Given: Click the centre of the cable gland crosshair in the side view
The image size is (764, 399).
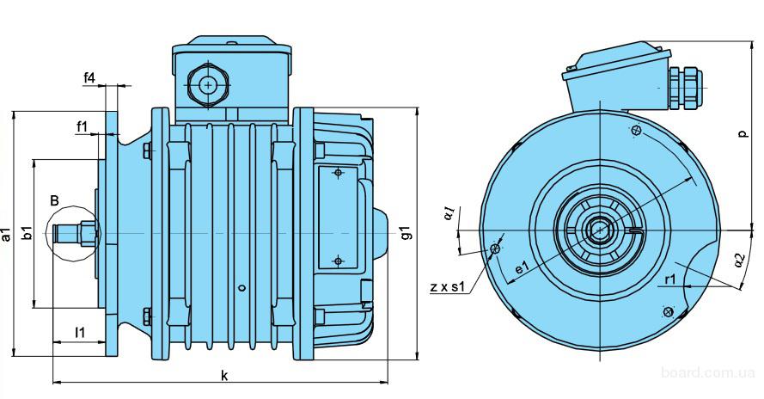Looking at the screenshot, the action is (209, 85).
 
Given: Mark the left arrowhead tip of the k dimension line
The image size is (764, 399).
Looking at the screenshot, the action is (53, 383).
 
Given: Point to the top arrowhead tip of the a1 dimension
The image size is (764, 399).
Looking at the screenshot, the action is (15, 111).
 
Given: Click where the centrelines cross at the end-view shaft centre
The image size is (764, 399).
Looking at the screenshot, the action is (599, 230).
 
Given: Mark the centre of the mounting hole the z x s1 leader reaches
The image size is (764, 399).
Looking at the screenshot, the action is (495, 249).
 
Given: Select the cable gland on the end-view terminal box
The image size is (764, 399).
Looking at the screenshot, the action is (686, 89).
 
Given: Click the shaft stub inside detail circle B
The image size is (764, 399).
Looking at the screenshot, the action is (73, 234).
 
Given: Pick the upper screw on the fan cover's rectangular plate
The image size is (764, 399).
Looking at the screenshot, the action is (338, 172).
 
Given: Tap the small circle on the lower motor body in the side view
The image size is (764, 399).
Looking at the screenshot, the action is (241, 288).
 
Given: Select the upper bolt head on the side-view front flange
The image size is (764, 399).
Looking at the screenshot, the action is (147, 150).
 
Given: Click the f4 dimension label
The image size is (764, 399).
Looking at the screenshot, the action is (89, 77).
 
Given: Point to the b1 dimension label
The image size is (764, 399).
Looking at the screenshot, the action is (28, 233).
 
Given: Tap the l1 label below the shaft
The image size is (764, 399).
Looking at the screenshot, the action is (79, 333).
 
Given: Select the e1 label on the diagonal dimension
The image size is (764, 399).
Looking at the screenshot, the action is (522, 267).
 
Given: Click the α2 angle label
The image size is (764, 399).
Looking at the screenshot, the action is (740, 260).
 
